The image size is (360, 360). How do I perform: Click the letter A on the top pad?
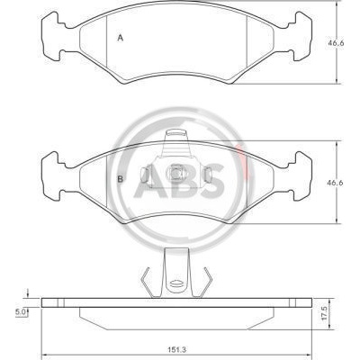(x=121, y=38)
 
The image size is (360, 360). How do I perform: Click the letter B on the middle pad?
(x=121, y=179)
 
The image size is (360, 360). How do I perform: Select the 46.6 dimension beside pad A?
(x=336, y=43)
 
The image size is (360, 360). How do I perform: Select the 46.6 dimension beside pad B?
(x=336, y=183)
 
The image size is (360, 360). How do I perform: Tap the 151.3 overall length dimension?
(x=177, y=349)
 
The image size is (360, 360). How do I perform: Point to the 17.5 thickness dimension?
(x=325, y=313)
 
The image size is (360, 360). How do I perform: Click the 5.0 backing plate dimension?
(x=20, y=312)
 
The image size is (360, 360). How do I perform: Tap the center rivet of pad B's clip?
(x=175, y=174)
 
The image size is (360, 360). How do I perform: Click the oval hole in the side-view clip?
(x=176, y=283)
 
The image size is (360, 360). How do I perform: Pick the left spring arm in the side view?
(x=147, y=282)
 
